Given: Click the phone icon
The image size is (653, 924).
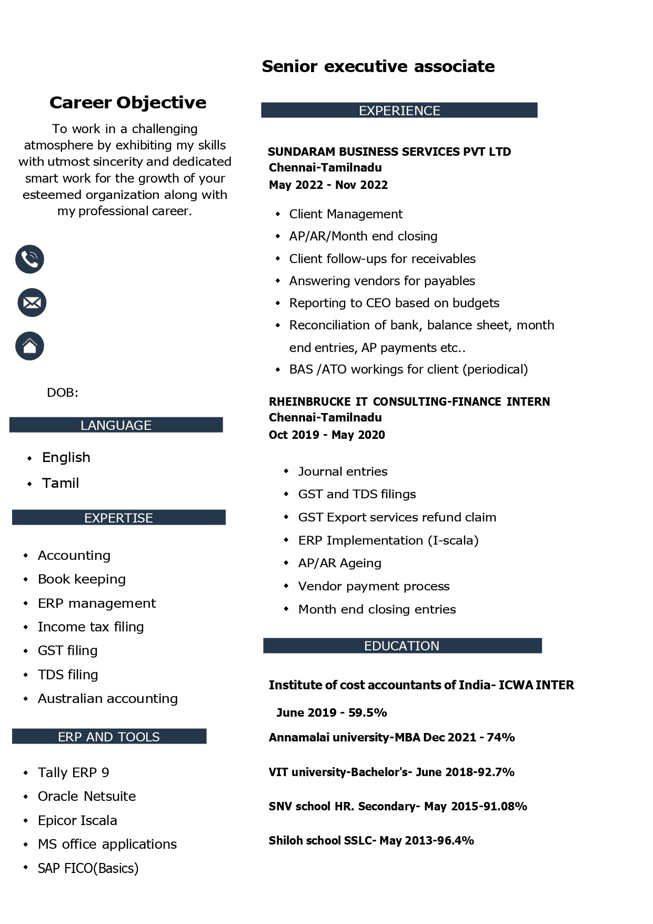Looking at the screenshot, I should (29, 259).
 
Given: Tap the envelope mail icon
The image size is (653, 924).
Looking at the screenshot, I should (32, 303).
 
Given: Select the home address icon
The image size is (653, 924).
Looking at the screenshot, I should (29, 346).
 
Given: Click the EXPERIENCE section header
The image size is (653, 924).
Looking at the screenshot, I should (399, 111).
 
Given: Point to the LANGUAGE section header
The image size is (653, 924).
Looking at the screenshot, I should (116, 425).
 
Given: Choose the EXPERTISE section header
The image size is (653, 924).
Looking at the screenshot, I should (118, 518).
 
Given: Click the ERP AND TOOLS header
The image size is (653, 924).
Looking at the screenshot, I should (109, 737).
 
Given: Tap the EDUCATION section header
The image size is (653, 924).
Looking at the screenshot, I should (401, 646).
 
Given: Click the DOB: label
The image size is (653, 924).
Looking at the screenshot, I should (63, 393).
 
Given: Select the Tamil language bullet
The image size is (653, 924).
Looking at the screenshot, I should (61, 483).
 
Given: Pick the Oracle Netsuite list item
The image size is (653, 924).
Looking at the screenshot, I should (87, 796).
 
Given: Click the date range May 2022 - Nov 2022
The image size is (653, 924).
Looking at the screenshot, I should (328, 185).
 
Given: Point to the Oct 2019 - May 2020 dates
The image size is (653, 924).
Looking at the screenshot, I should (327, 435).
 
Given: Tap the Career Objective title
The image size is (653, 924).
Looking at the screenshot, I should (128, 103).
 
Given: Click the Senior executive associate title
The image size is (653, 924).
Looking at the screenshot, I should (378, 66).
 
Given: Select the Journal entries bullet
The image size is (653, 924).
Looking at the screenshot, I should (343, 471).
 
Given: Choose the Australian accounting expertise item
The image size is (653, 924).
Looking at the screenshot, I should (108, 698).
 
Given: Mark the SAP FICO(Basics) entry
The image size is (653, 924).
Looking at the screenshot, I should (88, 868).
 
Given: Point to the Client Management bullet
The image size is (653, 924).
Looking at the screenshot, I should (346, 214).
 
